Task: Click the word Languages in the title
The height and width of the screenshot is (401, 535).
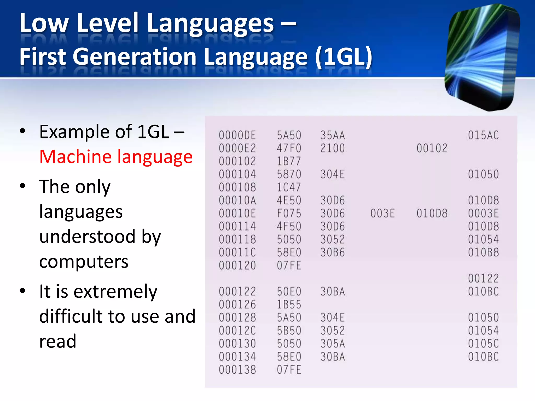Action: point(210,24)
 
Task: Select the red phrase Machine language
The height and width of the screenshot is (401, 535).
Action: point(116,157)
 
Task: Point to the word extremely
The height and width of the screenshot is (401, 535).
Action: point(115,291)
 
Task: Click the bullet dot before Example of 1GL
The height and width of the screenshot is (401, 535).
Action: point(23,131)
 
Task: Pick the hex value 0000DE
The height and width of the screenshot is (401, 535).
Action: point(237,135)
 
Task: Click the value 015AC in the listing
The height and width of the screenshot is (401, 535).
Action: point(483,135)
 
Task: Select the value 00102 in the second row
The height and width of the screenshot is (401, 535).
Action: point(432,148)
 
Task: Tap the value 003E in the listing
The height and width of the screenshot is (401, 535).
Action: point(382,214)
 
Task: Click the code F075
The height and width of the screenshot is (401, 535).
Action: point(289,214)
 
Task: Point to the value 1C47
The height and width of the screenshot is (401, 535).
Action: point(289,187)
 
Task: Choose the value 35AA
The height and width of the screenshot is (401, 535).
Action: point(333,135)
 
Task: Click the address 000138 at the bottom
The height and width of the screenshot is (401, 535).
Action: point(237,370)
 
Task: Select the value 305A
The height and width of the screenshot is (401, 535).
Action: point(333,344)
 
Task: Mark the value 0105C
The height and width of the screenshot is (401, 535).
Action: point(483,344)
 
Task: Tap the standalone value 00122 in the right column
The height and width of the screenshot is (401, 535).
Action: point(483,279)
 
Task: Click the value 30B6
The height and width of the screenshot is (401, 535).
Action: point(333,252)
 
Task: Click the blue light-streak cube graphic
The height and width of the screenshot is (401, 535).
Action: point(482,57)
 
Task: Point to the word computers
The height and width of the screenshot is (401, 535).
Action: point(84,262)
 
